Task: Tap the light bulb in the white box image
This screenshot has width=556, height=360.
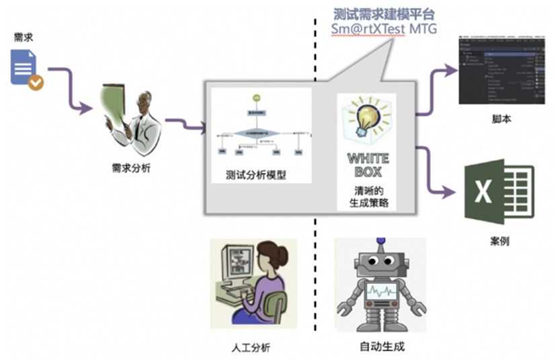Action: click(366, 116)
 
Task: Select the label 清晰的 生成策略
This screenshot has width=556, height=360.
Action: click(367, 195)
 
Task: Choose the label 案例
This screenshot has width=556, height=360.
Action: click(500, 240)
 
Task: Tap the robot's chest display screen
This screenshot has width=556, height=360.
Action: click(381, 292)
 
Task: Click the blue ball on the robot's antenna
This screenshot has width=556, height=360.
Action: click(381, 239)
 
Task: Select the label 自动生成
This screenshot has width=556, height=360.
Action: click(382, 347)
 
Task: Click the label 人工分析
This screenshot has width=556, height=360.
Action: click(250, 347)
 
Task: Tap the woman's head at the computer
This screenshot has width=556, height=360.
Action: click(272, 259)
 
